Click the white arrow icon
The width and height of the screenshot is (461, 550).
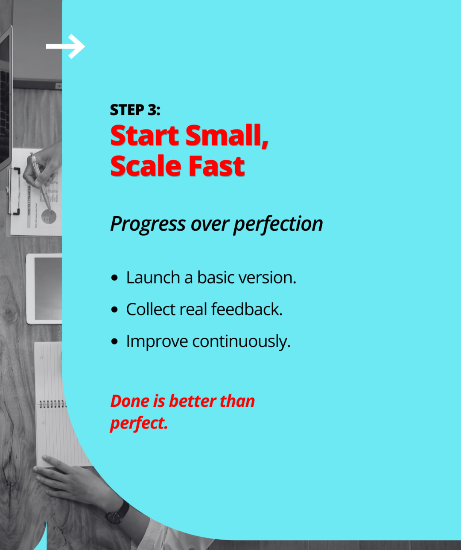[65, 46]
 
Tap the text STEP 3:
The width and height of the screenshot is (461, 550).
[135, 110]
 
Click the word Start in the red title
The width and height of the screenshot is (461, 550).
[145, 136]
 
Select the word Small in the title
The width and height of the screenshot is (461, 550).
[227, 136]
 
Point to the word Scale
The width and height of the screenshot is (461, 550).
[146, 166]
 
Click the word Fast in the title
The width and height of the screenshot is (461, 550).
[217, 166]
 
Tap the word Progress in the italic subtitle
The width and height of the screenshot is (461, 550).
[148, 224]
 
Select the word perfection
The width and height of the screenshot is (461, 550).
[278, 224]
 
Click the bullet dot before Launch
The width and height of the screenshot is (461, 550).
[114, 278]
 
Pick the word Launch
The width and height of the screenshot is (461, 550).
[153, 278]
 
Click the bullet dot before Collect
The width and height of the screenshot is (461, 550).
[114, 310]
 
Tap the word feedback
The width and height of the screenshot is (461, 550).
[247, 309]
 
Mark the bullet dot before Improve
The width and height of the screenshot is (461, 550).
[114, 342]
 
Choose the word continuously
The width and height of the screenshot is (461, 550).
[241, 342]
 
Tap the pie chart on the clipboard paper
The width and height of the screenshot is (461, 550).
[49, 217]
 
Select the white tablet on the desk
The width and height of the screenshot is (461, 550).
[44, 289]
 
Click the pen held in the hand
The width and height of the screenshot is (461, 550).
[41, 182]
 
